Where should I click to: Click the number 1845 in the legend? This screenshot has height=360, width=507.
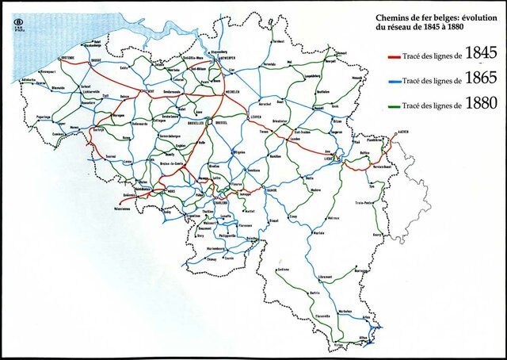(x=480, y=53)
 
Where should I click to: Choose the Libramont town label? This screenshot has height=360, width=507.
(x=325, y=277)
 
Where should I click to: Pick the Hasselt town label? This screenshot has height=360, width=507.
(x=322, y=92)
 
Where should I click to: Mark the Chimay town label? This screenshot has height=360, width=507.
(x=212, y=259)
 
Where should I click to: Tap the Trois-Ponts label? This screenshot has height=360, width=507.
(x=364, y=205)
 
